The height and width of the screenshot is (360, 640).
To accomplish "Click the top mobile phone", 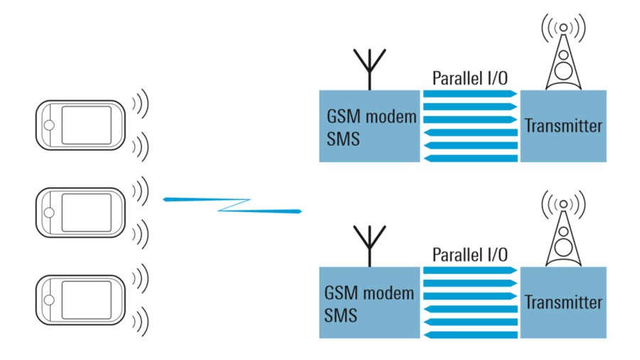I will [80, 125].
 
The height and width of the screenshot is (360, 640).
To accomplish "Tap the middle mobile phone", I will [80, 212].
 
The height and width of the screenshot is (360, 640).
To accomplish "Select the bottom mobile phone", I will [80, 300].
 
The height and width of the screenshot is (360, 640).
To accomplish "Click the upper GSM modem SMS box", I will [370, 126].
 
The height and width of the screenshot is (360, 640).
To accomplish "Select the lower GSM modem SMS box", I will [370, 302].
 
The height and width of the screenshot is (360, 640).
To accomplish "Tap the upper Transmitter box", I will [564, 126].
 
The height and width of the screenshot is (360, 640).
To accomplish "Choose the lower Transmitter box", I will [564, 302].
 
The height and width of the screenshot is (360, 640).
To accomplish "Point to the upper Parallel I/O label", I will [469, 78].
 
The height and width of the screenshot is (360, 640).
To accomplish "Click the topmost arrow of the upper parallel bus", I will [469, 94].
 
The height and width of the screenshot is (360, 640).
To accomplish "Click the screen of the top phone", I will [85, 125].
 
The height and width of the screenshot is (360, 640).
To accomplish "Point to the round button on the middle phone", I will [48, 212].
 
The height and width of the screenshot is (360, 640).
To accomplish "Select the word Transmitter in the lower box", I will [564, 302].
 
